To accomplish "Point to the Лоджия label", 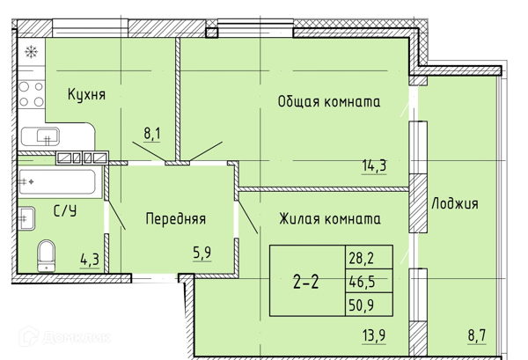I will point(455,203).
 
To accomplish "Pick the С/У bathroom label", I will point(63,210).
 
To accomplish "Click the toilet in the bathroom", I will point(46,256).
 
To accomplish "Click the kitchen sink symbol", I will point(40,136).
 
